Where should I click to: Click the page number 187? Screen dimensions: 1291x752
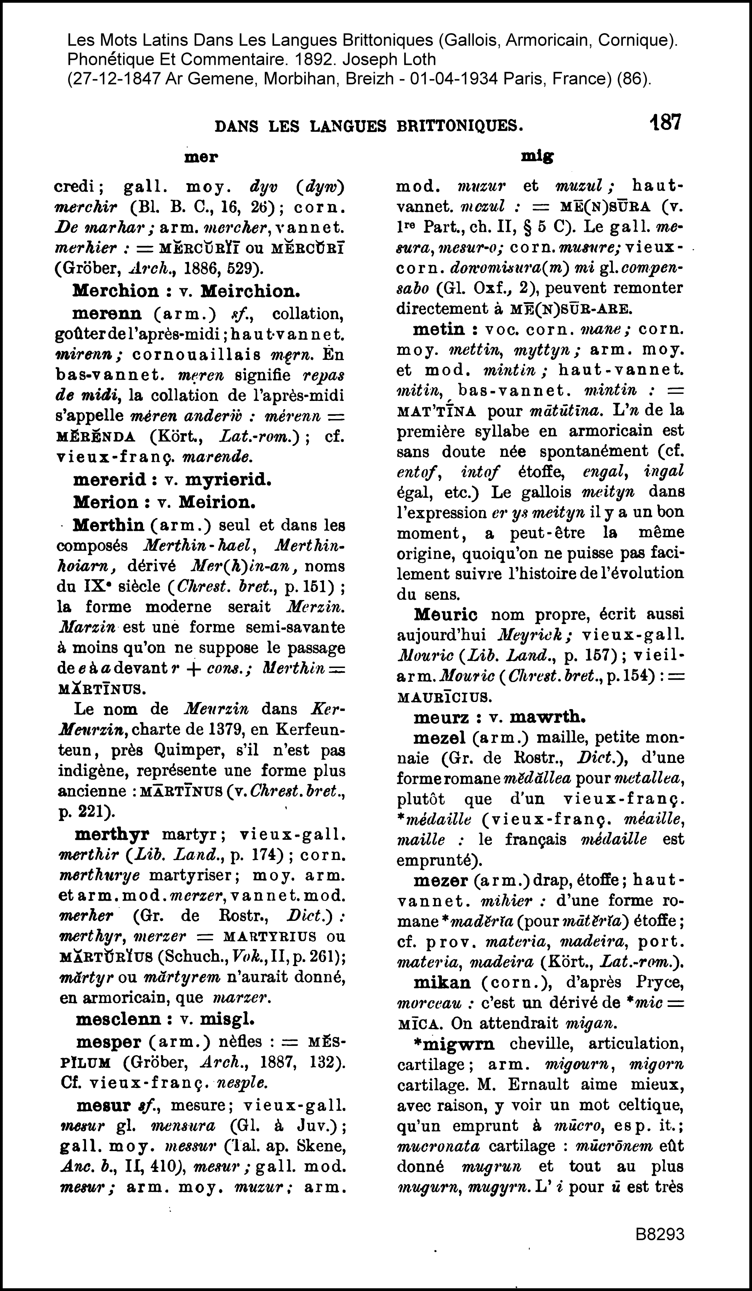tap(665, 123)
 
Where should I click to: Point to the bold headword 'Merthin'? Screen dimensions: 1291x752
tap(109, 526)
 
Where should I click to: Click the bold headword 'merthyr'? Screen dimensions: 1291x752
tap(112, 834)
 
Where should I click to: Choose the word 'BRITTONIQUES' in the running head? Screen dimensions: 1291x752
tap(460, 126)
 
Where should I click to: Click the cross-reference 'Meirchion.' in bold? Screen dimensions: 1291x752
tap(250, 291)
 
